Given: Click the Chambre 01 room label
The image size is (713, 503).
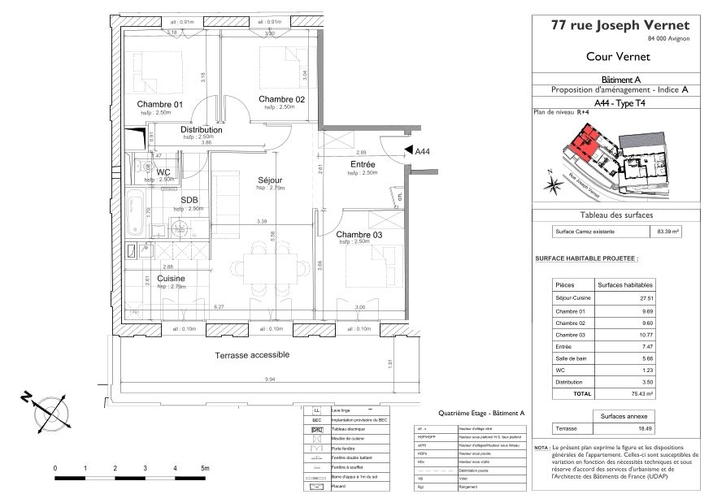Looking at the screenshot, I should pos(160,104).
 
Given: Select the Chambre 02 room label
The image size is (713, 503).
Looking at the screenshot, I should pos(282,99).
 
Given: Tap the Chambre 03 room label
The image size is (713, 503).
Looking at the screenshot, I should pos(359,235).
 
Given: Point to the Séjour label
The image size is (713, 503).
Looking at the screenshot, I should pos(270,180).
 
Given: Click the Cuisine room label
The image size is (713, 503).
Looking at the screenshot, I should pos(172,279).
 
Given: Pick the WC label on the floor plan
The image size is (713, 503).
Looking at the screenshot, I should pos(163,172).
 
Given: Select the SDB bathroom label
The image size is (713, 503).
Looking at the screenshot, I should pos(189,201).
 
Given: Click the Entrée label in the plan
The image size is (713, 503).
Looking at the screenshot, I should pos(363,164).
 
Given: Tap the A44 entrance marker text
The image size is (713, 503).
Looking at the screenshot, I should pos(423,151).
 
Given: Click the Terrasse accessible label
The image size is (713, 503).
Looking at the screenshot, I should pos(252,355).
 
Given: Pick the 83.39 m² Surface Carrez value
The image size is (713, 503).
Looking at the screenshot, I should pos(667,232).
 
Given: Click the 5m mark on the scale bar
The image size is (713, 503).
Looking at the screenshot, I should pos(205,469).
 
